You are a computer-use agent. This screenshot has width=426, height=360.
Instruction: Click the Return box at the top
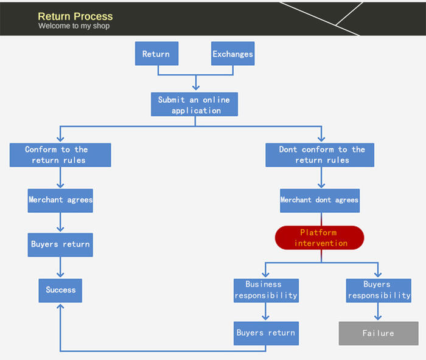tap(156, 54)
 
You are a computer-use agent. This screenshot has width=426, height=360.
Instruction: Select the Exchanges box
tap(232, 54)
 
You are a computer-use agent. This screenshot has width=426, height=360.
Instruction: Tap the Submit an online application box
tap(195, 105)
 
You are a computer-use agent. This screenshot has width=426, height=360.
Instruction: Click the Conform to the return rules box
tap(60, 155)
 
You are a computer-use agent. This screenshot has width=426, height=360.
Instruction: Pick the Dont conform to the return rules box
tap(320, 155)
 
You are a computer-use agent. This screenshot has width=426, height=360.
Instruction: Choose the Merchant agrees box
tap(60, 200)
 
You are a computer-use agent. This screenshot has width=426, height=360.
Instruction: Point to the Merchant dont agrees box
tap(319, 200)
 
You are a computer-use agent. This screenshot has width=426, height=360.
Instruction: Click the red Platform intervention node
tap(319, 238)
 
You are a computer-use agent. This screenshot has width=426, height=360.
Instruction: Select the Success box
tap(60, 290)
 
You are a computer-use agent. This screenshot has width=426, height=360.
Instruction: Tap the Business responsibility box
tap(266, 290)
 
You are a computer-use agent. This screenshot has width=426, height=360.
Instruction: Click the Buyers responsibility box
tap(378, 290)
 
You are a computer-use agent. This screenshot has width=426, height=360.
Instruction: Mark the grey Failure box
tap(378, 333)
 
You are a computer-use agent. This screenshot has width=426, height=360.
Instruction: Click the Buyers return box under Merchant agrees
tap(60, 244)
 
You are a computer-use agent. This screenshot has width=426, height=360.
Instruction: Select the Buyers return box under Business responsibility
tap(266, 333)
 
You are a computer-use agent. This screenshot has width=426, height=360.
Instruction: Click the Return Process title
tap(75, 16)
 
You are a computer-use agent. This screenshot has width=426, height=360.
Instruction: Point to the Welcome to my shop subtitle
tap(74, 26)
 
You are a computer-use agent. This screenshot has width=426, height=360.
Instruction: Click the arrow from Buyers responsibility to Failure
tap(378, 311)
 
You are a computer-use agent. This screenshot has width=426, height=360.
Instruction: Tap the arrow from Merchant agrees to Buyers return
tap(60, 223)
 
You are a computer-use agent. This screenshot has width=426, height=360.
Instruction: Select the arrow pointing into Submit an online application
tap(195, 83)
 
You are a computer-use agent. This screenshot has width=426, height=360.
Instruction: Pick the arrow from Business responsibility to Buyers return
tap(266, 312)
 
